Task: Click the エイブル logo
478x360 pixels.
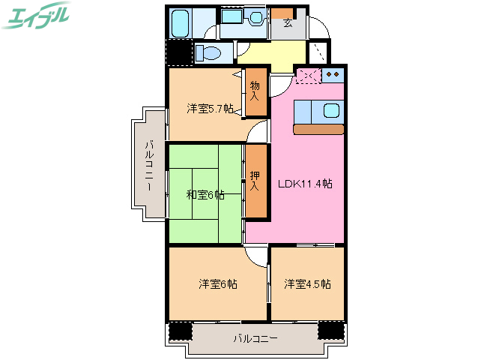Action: point(37,15)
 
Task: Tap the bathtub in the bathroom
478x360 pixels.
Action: point(180,24)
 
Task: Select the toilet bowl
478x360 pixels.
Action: point(209,53)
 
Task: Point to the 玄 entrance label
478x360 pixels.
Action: point(288,22)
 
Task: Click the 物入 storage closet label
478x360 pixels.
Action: point(255,91)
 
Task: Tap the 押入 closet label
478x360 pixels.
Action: point(255,180)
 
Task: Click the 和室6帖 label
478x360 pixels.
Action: point(205,195)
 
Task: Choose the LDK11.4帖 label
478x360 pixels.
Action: point(305,184)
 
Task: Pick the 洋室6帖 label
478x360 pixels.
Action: point(218,284)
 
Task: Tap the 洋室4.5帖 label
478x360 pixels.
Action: point(307,284)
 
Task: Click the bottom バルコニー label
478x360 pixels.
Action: point(255,339)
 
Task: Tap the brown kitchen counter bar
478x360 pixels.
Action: point(318,129)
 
